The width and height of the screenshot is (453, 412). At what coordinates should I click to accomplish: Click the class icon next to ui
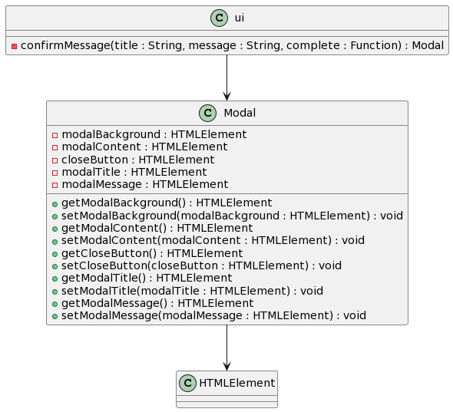click(219, 18)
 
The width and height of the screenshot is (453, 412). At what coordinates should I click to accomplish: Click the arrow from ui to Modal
click(226, 77)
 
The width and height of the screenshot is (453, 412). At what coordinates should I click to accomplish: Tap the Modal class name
click(240, 113)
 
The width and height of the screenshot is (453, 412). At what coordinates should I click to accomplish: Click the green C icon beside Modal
click(207, 113)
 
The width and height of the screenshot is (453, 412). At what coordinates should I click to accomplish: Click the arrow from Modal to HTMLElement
click(226, 348)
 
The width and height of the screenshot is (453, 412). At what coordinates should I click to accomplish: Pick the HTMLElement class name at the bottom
click(237, 383)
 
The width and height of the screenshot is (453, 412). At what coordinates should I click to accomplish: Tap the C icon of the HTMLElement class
click(187, 383)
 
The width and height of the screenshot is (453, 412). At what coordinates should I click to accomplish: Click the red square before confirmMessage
click(14, 46)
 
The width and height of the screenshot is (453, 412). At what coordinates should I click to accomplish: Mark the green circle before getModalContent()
click(55, 229)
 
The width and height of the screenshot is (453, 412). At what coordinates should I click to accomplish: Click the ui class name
click(240, 18)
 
